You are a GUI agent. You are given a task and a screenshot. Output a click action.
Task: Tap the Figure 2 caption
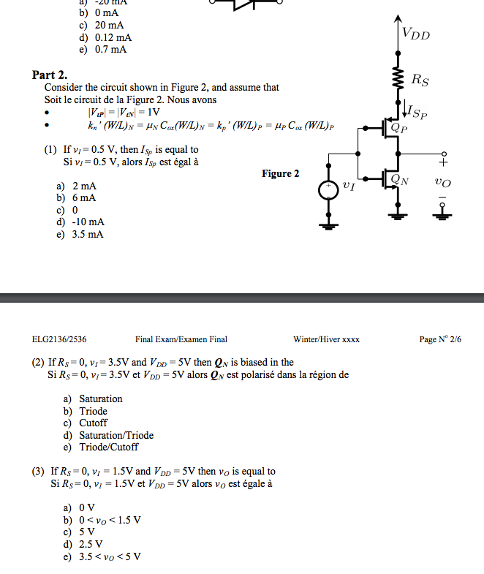click(281, 173)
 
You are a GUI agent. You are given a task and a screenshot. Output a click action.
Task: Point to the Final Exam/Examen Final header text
click(181, 339)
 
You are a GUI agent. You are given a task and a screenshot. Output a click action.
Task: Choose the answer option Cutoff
click(93, 423)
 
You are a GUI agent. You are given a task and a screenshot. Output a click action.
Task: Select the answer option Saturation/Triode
click(116, 435)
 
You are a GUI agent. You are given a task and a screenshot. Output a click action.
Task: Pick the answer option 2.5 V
click(91, 544)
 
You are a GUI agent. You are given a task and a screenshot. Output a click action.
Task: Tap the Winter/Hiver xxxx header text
click(326, 339)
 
